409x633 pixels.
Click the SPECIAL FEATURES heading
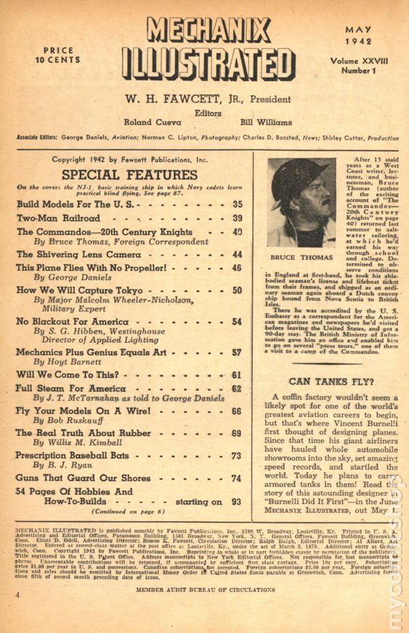point(116,174)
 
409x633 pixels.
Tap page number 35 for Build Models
point(237,204)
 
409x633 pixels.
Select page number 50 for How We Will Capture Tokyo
point(237,290)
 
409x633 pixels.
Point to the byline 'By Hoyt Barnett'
point(66,363)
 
